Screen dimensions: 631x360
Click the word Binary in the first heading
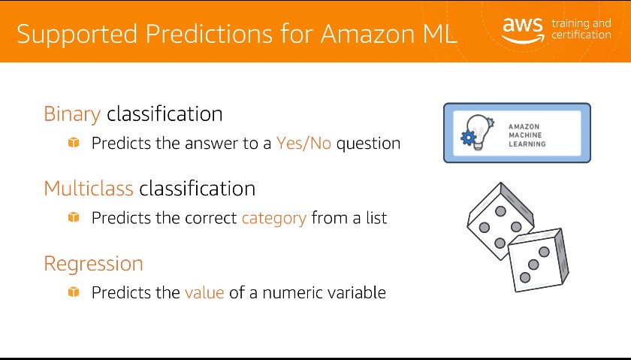tap(72, 114)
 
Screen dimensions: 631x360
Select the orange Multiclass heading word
tap(89, 189)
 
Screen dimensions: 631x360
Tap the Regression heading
tap(93, 264)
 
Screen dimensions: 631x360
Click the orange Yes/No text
tap(303, 143)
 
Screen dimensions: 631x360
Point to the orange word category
tap(274, 218)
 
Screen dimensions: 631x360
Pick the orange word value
tap(204, 292)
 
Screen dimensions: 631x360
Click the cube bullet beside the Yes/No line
tap(74, 142)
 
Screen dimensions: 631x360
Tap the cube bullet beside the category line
tap(74, 217)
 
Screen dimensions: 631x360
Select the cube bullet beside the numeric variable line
tap(74, 292)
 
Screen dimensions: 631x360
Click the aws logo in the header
tap(523, 30)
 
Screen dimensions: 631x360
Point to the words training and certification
tap(581, 29)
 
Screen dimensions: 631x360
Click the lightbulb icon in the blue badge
tap(478, 132)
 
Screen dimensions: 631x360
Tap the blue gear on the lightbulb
tap(469, 138)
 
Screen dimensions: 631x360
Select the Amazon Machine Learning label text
tap(527, 135)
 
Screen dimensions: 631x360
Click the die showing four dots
tap(500, 221)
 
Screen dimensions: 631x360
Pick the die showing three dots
tap(539, 260)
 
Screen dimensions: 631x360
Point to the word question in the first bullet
tap(368, 144)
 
